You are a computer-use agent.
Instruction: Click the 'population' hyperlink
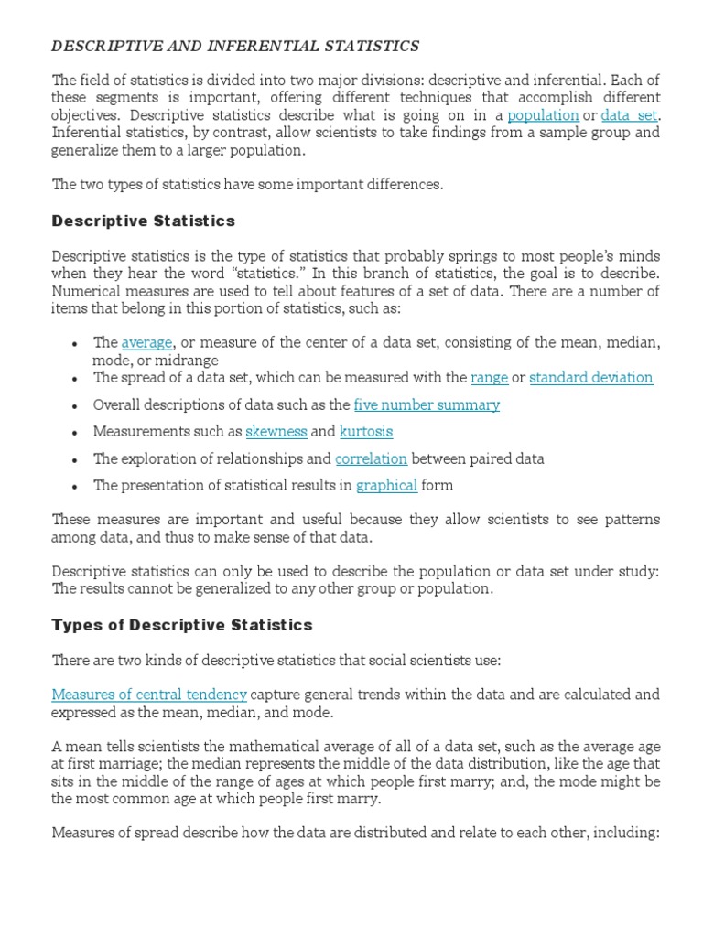click(x=543, y=114)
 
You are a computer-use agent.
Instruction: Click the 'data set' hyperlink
click(x=629, y=114)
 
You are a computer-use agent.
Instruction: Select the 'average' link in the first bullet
click(x=146, y=342)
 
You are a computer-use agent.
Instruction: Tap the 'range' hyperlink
click(x=489, y=377)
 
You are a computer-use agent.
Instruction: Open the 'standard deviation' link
click(x=590, y=377)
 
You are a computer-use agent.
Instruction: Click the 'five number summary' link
click(x=427, y=404)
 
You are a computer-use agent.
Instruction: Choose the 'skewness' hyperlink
click(x=276, y=431)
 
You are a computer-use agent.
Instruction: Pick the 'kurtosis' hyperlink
click(x=365, y=431)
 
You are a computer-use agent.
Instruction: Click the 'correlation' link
click(x=371, y=458)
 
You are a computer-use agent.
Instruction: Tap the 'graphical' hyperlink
click(x=386, y=485)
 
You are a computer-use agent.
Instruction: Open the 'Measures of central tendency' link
click(x=149, y=695)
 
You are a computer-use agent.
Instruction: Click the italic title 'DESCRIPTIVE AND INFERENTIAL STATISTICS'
click(x=235, y=45)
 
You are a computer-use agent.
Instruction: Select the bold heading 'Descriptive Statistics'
click(x=144, y=221)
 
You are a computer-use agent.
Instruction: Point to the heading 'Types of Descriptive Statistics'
click(x=182, y=625)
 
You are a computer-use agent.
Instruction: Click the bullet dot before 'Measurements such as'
click(x=74, y=432)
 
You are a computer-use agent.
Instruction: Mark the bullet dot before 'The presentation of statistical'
click(x=74, y=486)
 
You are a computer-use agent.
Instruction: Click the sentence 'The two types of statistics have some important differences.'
click(x=247, y=184)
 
